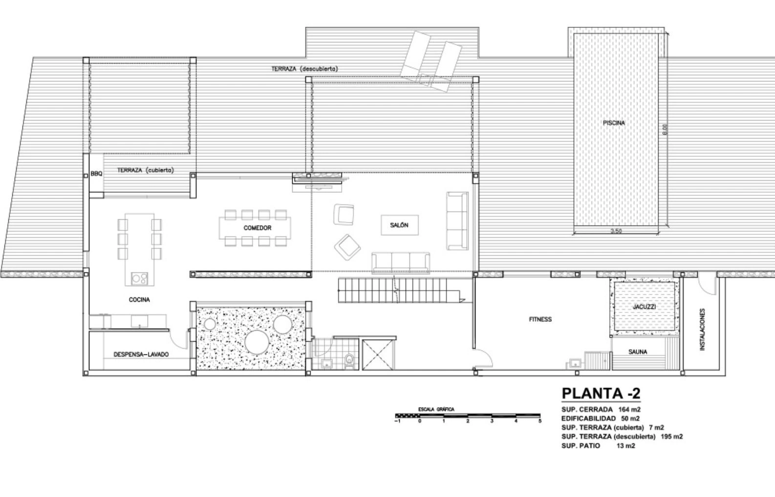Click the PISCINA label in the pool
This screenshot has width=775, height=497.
tap(614, 123)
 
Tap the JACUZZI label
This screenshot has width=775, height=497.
tap(644, 307)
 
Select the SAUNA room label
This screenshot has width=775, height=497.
tap(638, 352)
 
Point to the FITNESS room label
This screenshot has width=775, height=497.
tap(540, 319)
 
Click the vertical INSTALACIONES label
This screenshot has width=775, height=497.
tap(702, 330)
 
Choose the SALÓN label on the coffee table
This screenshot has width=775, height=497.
tap(399, 226)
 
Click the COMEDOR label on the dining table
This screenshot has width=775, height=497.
tap(258, 228)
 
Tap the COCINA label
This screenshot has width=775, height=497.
tap(139, 300)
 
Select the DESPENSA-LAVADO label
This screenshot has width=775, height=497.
tap(141, 354)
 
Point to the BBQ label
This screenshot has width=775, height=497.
tap(97, 174)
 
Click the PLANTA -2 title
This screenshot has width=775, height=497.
tap(601, 393)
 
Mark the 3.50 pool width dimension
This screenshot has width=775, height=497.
tap(616, 231)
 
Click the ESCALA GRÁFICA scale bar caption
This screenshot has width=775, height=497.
tap(436, 410)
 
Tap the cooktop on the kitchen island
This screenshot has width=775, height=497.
tap(139, 279)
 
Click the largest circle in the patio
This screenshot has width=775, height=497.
tap(257, 342)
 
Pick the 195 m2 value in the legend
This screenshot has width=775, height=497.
tap(672, 436)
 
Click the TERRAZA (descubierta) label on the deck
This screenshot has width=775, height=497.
tap(304, 69)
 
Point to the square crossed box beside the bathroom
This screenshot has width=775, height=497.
tap(378, 355)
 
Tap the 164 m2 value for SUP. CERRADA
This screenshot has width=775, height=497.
tap(630, 410)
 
